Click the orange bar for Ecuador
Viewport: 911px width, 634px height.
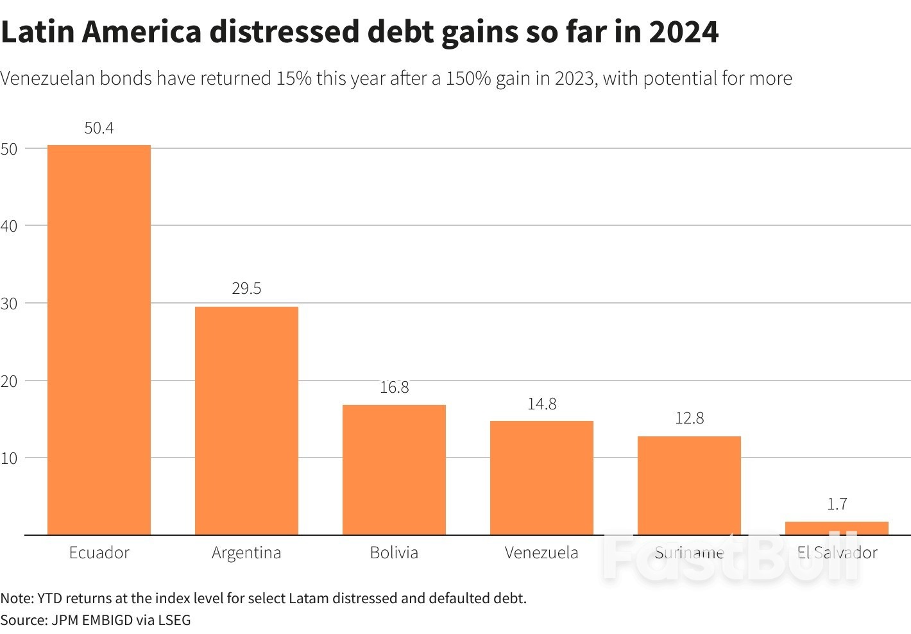pyautogui.click(x=99, y=340)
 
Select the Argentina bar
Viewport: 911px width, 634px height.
pyautogui.click(x=246, y=420)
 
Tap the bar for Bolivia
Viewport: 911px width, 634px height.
pyautogui.click(x=394, y=470)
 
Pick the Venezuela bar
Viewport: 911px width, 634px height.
pyautogui.click(x=541, y=477)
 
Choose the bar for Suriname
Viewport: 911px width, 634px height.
pyautogui.click(x=689, y=485)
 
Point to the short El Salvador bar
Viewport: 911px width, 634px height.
pyautogui.click(x=837, y=528)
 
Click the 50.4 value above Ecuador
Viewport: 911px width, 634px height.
pyautogui.click(x=99, y=128)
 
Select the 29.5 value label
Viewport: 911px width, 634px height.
pyautogui.click(x=246, y=289)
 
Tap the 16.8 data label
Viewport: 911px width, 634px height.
pyautogui.click(x=394, y=388)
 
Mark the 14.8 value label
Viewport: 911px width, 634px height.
pyautogui.click(x=541, y=404)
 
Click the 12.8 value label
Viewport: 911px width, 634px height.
pyautogui.click(x=689, y=418)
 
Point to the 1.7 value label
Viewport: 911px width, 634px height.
pyautogui.click(x=837, y=504)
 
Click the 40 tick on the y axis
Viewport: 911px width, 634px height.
pyautogui.click(x=9, y=226)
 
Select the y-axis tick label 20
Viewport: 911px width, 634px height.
pyautogui.click(x=9, y=381)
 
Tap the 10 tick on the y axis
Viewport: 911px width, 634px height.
pyautogui.click(x=9, y=458)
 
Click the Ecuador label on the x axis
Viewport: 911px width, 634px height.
pyautogui.click(x=99, y=553)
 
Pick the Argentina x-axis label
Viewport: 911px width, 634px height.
pyautogui.click(x=246, y=553)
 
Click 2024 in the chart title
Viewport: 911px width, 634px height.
pyautogui.click(x=683, y=32)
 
